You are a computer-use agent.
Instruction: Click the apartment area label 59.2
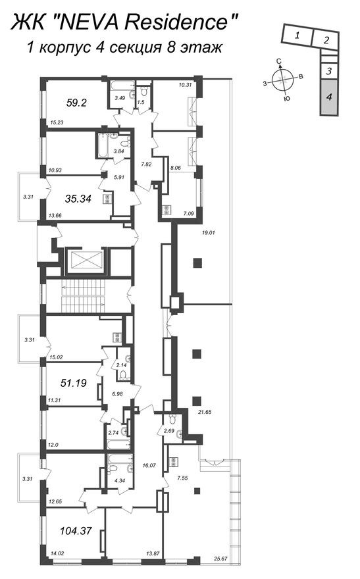coord(76,102)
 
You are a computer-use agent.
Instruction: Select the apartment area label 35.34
coord(78,199)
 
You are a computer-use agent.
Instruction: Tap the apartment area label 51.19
coord(74,383)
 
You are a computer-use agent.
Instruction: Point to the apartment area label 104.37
coord(76,531)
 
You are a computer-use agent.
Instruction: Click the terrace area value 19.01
coord(209,233)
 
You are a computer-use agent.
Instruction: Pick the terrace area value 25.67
coord(220,559)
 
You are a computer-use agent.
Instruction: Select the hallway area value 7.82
coord(147,164)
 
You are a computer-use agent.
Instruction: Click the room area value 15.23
coord(56,122)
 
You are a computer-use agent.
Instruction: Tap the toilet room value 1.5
coord(141,102)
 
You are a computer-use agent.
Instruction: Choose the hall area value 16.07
coord(149,466)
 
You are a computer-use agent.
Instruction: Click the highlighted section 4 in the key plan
coord(329,97)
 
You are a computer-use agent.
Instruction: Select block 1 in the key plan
coord(297,36)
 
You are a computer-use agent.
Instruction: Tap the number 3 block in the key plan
coord(329,71)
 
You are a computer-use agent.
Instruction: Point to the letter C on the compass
coord(280,61)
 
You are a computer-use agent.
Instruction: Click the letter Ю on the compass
coord(286,99)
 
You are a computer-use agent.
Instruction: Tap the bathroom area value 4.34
coord(119,481)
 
